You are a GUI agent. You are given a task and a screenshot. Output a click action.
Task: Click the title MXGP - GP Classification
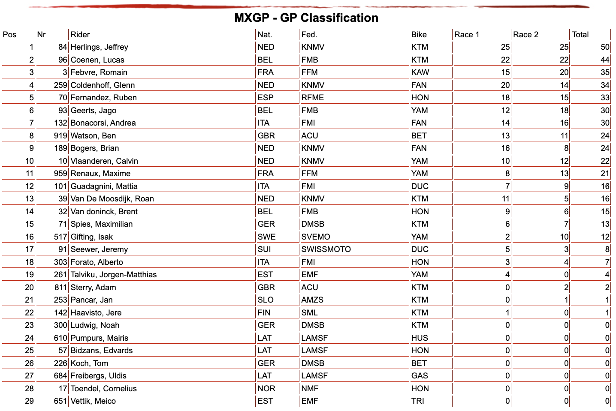[306, 18]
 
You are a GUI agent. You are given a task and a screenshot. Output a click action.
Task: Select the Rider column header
[80, 35]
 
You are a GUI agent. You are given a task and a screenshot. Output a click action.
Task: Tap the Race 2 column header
[525, 35]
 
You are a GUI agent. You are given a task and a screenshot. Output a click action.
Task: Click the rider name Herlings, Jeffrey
[99, 47]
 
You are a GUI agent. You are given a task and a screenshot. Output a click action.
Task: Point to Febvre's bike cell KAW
[420, 72]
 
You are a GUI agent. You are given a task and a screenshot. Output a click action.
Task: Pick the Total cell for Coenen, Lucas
[605, 60]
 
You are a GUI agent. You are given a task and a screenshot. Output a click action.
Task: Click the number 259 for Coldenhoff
[60, 85]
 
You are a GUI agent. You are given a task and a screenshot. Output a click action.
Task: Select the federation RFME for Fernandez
[312, 98]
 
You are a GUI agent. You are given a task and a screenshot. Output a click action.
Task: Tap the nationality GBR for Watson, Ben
[266, 136]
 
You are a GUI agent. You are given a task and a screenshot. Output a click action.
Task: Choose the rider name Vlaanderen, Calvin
[104, 161]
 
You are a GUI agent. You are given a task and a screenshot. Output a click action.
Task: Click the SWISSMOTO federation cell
[326, 249]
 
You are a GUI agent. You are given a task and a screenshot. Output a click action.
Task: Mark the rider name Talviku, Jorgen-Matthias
[114, 275]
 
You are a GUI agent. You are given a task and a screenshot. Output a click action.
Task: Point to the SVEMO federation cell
[315, 237]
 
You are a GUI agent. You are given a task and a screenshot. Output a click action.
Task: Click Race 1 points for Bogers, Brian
[505, 148]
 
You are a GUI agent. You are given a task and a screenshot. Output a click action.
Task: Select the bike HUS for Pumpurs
[420, 338]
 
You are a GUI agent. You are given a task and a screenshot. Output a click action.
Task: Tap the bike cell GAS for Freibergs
[420, 376]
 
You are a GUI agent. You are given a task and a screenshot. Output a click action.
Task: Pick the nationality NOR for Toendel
[266, 388]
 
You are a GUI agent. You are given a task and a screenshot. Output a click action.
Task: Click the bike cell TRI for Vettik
[417, 401]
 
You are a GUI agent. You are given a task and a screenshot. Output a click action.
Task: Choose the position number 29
[30, 401]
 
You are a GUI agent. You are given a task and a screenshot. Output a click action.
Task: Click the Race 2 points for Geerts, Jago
[564, 111]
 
